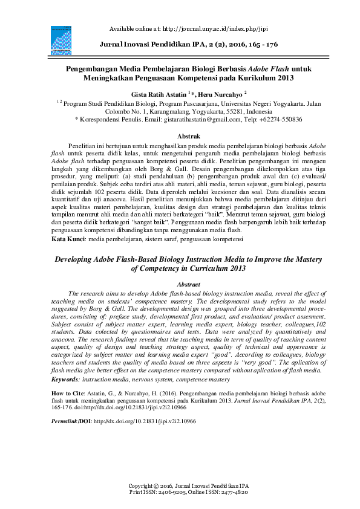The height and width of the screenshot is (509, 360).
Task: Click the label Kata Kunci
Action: tap(68, 239)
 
